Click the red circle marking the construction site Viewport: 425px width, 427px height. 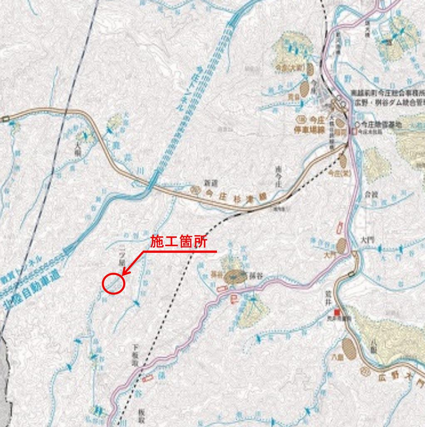point(114,284)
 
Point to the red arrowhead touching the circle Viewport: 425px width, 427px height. point(124,273)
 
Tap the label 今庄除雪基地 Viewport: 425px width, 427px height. point(381,124)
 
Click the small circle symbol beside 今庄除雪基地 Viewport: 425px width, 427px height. point(358,124)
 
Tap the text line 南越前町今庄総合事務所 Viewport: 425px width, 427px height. point(387,93)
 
